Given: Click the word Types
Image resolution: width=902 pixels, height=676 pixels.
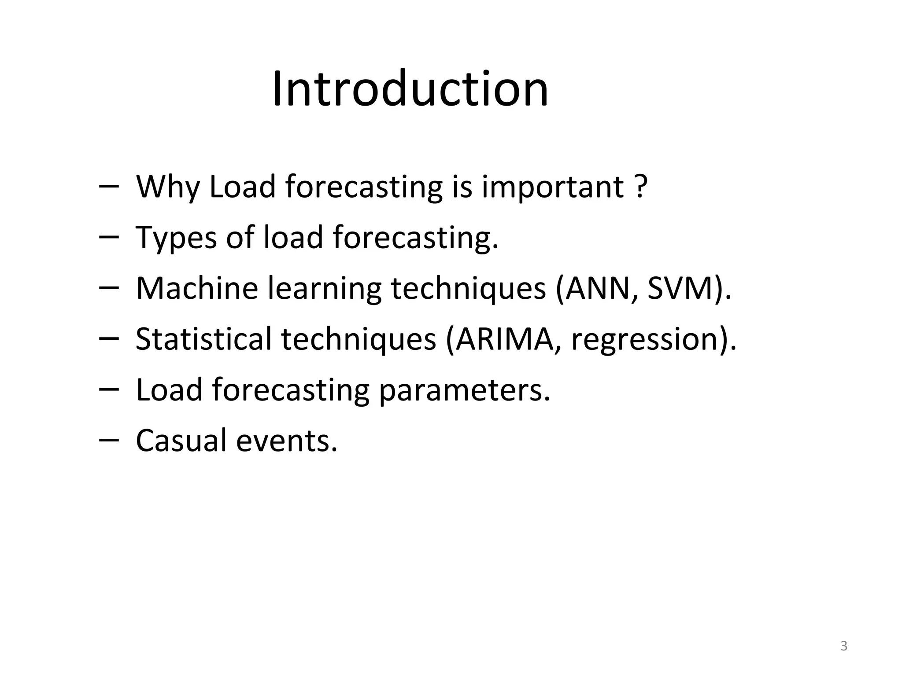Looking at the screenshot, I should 176,238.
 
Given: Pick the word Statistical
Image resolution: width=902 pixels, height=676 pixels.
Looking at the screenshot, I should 203,339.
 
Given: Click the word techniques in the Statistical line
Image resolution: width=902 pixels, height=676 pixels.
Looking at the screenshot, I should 358,340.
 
